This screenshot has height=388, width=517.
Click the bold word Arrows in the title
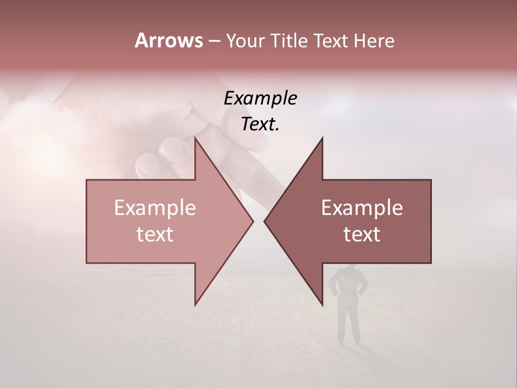[169, 40]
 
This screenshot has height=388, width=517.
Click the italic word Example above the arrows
[260, 98]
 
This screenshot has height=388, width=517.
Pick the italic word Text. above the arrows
[260, 124]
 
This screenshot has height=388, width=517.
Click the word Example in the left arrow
[155, 208]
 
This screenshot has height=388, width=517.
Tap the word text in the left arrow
[155, 234]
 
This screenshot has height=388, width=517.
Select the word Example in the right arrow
[362, 208]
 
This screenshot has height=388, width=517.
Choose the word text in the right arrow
[362, 234]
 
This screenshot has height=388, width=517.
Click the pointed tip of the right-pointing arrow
[253, 221]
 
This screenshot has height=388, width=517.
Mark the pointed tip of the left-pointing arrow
[264, 221]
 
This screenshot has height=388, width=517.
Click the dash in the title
[214, 41]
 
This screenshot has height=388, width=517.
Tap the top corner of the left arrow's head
[195, 137]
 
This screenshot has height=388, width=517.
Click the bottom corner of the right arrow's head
[322, 305]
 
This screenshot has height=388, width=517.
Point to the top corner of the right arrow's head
[322, 137]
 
